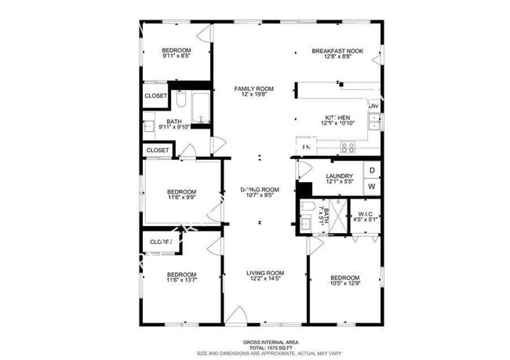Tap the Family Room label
253,89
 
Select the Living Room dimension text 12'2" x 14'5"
264,278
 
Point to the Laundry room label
339,176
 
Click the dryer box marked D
372,170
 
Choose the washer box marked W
372,187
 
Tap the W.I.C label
366,213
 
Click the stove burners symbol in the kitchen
348,146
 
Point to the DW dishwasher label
373,106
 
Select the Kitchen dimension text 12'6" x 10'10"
338,123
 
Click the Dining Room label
260,190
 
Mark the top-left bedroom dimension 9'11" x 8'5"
176,56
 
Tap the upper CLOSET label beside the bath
155,96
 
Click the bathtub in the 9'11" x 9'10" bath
200,108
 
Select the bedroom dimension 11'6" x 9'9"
181,198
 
